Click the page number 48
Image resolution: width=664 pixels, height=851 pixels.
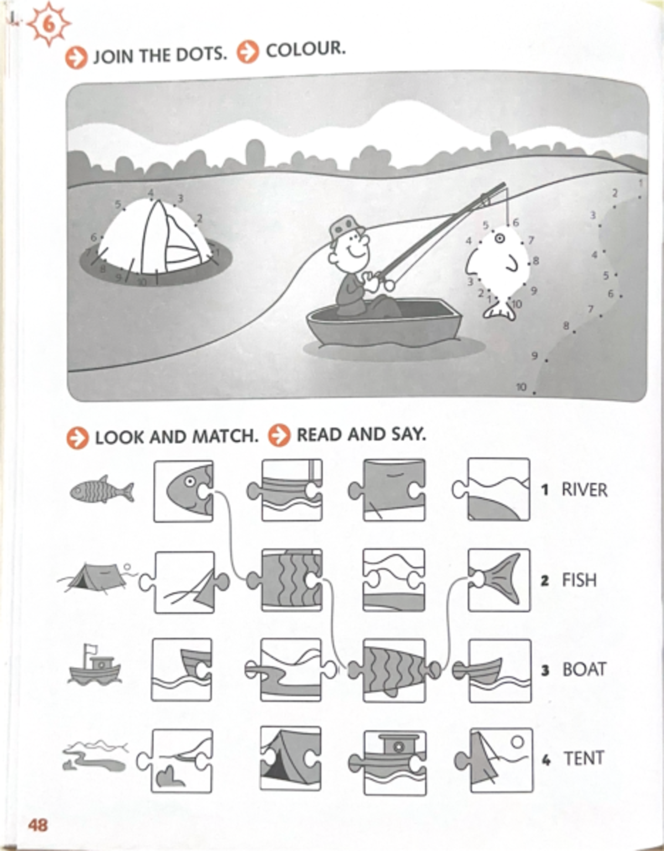38,825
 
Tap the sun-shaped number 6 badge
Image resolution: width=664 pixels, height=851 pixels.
49,25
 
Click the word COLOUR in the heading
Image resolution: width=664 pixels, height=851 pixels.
305,50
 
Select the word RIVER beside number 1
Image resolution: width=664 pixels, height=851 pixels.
584,489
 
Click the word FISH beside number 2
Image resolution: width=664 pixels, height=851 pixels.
579,580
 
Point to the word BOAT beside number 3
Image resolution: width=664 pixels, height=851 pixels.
584,669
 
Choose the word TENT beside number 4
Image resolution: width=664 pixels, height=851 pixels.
583,758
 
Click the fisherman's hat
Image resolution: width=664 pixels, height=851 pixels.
344,227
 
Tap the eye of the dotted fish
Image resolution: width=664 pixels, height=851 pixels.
499,238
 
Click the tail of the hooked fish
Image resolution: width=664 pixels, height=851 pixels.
500,310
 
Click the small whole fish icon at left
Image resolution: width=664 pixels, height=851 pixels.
102,490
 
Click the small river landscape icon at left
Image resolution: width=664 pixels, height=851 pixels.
94,756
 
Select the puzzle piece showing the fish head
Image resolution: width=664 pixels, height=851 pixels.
184,491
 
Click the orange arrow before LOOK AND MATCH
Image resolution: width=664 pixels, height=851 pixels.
77,437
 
